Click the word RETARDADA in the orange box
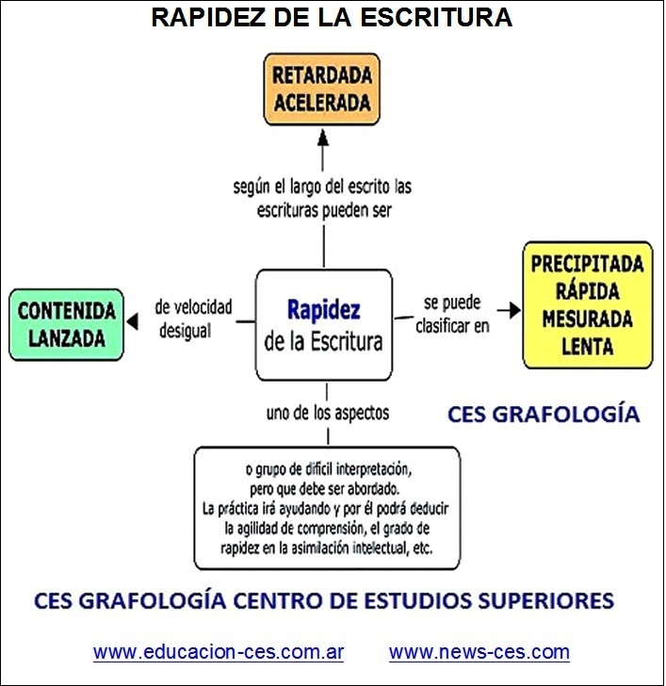point(322,75)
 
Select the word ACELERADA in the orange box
point(322,103)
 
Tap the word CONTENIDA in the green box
point(67,311)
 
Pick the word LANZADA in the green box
point(67,338)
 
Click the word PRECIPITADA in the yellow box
point(587,264)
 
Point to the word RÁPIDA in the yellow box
point(587,290)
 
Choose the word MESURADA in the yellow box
point(587,318)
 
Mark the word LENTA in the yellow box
point(587,346)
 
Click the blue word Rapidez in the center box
point(324,310)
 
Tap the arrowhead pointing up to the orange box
point(323,137)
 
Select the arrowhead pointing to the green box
point(132,321)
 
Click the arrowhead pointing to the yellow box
point(514,310)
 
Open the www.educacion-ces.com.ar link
point(219,652)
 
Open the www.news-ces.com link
point(479,652)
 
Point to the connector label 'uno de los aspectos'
point(328,413)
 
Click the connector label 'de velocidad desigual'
point(193,318)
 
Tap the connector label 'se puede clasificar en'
point(452,314)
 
